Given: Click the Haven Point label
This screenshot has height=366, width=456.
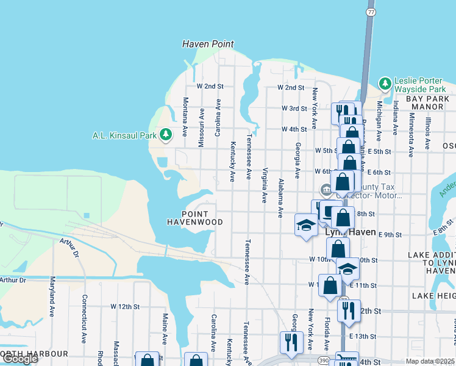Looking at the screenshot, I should point(208,45).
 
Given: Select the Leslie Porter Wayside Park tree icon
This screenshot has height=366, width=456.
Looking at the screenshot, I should point(385,83).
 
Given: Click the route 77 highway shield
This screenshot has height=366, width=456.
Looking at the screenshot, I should point(370,11).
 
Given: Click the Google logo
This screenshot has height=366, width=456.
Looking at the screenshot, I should point(20,359).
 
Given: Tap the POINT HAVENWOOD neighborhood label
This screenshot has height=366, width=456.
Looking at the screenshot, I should point(195,218).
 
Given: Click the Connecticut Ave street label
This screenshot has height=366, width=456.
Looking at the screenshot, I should point(84,320).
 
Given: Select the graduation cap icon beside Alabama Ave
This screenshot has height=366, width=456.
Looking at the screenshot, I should point(305,224).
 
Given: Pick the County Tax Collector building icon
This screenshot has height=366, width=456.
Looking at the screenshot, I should point(326,191).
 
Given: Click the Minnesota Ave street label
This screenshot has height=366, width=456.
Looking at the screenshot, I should point(411,131).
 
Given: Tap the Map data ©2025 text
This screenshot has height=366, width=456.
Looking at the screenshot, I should point(430,361).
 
